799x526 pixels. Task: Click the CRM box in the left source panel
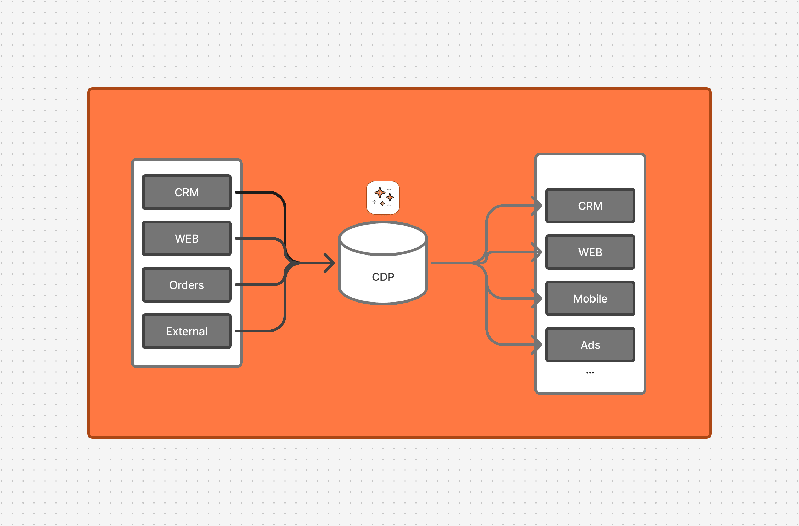pos(187,192)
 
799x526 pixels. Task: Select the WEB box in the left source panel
pos(187,238)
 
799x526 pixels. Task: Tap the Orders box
pos(187,285)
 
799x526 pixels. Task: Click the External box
pos(187,331)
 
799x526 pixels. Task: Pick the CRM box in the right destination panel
pos(590,206)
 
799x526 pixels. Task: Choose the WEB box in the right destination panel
pos(590,252)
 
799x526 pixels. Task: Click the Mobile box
pos(590,298)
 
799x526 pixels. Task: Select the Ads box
pos(590,345)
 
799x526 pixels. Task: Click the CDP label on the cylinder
pos(383,277)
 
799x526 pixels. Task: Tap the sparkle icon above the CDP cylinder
pos(383,198)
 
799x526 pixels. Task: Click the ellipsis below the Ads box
pos(590,373)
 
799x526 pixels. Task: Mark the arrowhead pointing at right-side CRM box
pos(538,206)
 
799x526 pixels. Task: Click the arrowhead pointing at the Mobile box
pos(538,298)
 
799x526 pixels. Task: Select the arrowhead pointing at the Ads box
pos(538,345)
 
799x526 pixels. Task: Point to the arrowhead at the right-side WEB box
pos(538,252)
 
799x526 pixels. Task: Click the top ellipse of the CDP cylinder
pos(383,238)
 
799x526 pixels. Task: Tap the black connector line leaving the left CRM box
pos(259,192)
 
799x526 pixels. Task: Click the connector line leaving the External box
pos(259,331)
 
